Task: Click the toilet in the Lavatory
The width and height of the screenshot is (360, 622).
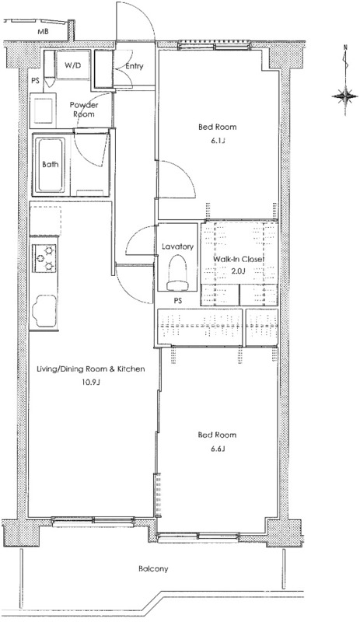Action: tap(177, 272)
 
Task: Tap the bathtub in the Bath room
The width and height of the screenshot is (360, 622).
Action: tap(50, 164)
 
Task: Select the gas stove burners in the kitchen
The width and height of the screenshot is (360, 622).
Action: tap(44, 258)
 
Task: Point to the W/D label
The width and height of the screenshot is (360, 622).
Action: tap(72, 65)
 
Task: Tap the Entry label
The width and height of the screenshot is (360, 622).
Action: tap(135, 66)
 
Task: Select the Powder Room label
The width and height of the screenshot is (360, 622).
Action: tap(84, 110)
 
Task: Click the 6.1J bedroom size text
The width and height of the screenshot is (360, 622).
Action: tap(218, 141)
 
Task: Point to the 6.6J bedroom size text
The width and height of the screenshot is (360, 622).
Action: tap(218, 449)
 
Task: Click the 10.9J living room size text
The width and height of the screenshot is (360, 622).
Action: tap(91, 383)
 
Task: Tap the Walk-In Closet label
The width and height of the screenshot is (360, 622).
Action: tap(239, 260)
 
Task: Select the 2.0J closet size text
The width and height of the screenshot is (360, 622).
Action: tap(239, 271)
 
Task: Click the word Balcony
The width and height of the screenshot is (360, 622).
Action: tap(153, 569)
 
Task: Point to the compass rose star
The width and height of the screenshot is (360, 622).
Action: tap(344, 96)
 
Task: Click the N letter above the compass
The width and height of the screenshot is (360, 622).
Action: tap(345, 48)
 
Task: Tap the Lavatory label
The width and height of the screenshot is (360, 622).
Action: tap(177, 246)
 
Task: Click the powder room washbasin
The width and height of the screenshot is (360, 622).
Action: tap(44, 110)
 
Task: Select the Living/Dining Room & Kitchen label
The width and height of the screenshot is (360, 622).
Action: tap(90, 369)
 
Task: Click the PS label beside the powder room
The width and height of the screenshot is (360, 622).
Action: tap(35, 81)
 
